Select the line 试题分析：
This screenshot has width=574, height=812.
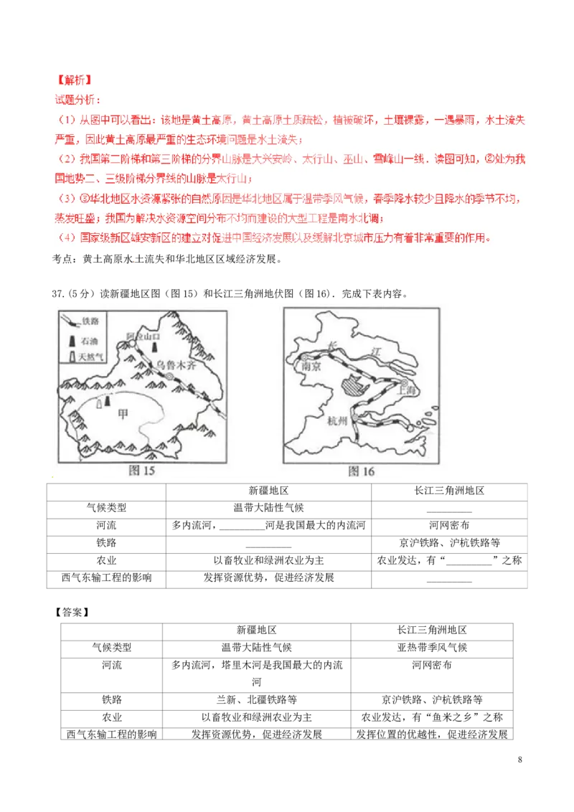(x=77, y=99)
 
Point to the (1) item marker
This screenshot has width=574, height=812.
(x=65, y=119)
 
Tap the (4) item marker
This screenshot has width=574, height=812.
(x=65, y=237)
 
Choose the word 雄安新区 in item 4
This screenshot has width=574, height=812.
(x=156, y=237)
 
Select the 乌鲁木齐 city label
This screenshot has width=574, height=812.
(x=177, y=364)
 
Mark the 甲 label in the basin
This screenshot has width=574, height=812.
(x=123, y=413)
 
